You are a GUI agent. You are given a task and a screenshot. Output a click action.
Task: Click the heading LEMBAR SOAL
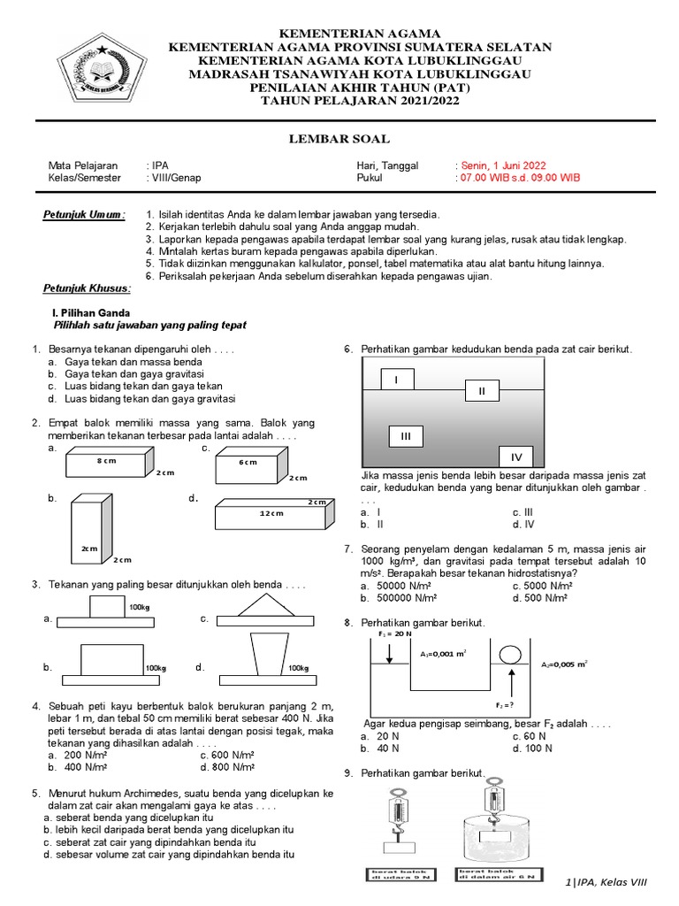339,139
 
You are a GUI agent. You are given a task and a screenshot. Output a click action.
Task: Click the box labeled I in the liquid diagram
397,380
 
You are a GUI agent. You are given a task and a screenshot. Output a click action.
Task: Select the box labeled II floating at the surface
482,391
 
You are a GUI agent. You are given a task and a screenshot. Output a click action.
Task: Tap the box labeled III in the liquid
406,436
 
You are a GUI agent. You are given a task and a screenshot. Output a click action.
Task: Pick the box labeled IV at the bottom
516,457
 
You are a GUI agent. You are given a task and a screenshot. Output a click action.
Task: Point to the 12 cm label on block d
271,513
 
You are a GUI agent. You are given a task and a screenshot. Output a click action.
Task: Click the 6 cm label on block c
248,463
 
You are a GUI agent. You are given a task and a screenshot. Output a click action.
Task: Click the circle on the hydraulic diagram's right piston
510,656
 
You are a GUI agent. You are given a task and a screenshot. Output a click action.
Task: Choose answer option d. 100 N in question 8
532,748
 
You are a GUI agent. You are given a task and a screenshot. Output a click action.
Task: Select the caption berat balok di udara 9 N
395,874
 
